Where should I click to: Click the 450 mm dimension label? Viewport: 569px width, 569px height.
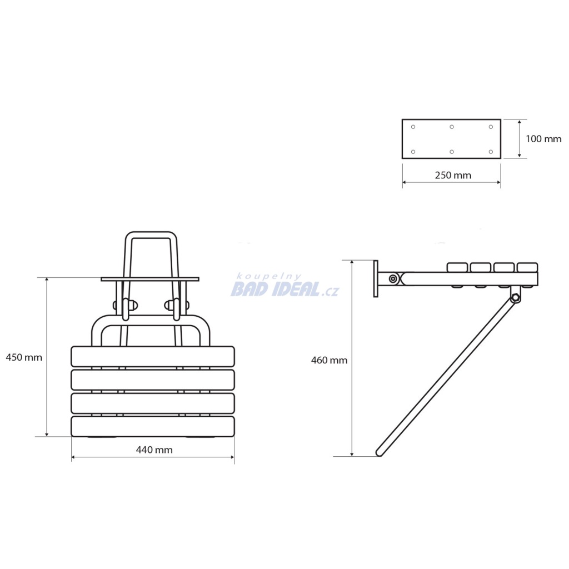coord(24,357)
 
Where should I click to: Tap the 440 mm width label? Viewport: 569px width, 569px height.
coord(154,450)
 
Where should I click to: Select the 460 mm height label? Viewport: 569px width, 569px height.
coord(329,360)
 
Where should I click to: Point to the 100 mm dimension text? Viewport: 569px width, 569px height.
coord(543,139)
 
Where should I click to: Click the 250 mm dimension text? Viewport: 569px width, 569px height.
coord(453,175)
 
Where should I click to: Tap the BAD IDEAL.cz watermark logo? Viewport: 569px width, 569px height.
coord(285,289)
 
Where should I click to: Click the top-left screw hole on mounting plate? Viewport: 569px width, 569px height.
coord(413,127)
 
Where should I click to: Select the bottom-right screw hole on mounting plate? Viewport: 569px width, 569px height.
coord(491,152)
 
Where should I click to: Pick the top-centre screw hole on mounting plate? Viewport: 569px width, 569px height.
coord(452,127)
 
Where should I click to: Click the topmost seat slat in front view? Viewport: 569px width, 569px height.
coord(153,356)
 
